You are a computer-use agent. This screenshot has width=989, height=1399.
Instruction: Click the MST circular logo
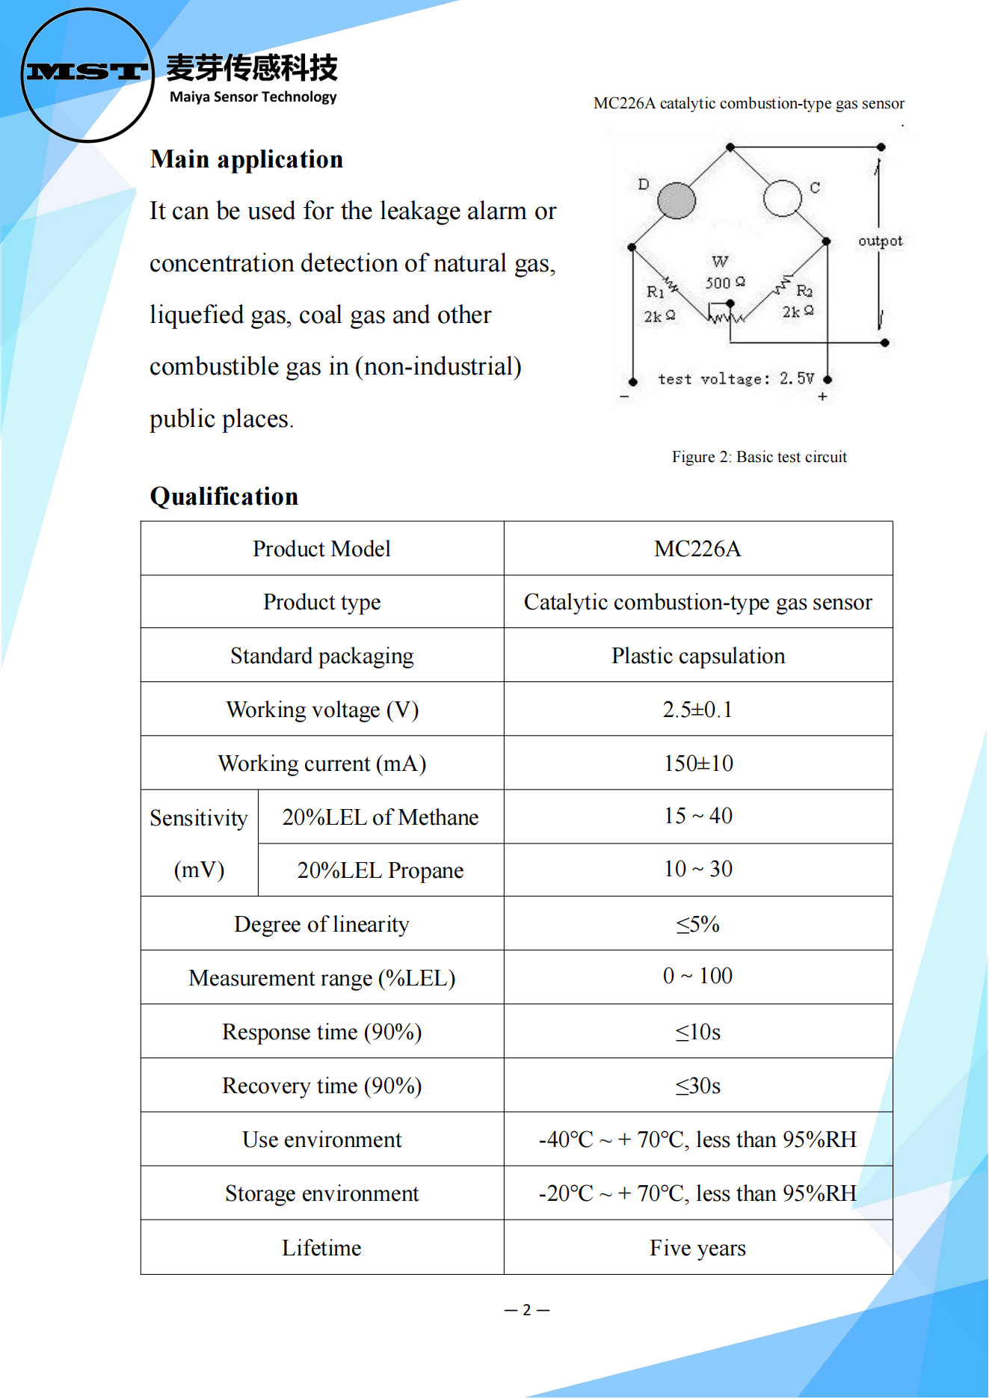pos(87,74)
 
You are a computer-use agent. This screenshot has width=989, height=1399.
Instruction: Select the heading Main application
pos(246,159)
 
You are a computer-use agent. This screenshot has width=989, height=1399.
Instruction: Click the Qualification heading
pos(224,496)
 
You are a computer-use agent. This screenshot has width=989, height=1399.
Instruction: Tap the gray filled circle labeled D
pos(676,200)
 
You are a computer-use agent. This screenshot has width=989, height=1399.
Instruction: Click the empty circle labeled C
pos(782,198)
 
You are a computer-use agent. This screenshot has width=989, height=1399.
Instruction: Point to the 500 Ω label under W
pos(724,283)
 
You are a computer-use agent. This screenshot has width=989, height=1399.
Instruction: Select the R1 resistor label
pos(655,292)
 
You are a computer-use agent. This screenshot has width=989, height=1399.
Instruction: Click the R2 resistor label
pos(804,290)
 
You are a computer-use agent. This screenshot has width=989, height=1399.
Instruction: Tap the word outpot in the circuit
pos(880,241)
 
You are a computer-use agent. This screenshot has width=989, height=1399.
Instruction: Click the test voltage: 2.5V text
pos(736,379)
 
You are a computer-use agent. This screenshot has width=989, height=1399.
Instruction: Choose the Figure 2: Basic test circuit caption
pos(759,457)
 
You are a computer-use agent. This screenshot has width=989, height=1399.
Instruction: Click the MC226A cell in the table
pos(697,549)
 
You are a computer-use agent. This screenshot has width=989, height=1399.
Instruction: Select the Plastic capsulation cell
pos(697,656)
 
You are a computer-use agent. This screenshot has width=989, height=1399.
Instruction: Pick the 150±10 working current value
pos(697,763)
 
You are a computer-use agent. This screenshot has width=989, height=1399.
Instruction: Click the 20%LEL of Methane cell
pos(380,817)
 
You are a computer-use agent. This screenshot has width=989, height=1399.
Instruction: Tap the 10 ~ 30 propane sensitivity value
pos(697,869)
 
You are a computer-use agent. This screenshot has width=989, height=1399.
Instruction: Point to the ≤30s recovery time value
pos(697,1086)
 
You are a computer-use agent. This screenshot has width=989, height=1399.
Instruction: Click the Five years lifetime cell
pos(697,1248)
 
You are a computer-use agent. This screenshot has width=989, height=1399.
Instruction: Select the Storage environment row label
pos(321,1193)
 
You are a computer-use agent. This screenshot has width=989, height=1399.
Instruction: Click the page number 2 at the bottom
pos(527,1310)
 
